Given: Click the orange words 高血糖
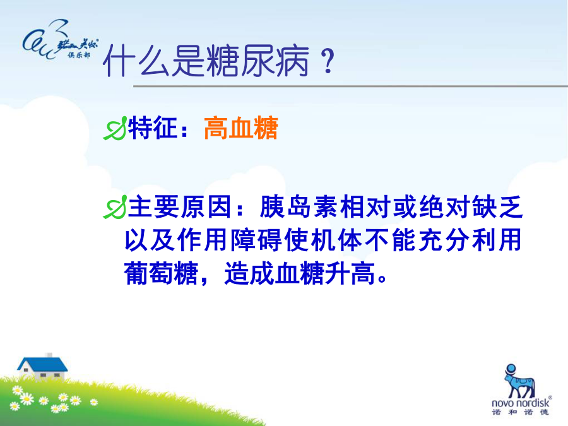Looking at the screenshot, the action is (241, 128).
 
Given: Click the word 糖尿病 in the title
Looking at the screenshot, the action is (258, 61).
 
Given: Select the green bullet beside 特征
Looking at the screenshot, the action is (115, 128).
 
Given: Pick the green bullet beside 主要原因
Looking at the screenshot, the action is (115, 207).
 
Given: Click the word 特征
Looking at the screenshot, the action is (153, 128).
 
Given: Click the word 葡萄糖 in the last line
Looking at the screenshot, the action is (161, 273).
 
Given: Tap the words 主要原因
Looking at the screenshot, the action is (180, 207).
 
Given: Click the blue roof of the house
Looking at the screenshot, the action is (42, 364).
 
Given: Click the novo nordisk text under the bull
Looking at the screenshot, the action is (520, 403).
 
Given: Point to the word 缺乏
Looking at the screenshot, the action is (498, 207).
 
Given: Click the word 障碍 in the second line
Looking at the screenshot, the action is (257, 240).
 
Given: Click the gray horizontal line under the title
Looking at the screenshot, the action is (350, 86).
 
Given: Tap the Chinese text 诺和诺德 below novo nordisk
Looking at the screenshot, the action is (520, 412).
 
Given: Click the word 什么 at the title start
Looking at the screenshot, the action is (136, 61).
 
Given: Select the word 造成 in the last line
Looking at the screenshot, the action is (249, 273).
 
